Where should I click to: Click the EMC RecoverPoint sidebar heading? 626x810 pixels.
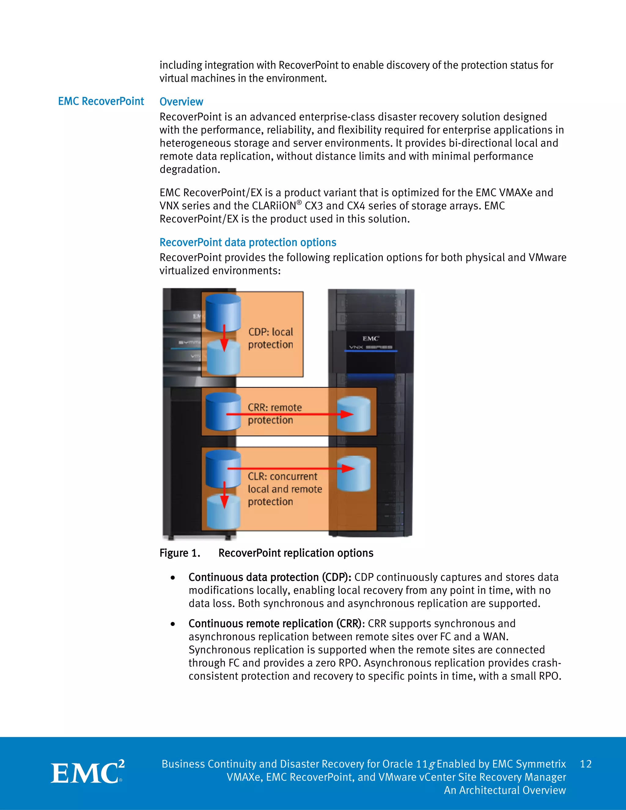[101, 101]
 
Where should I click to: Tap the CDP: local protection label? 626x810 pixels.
[271, 338]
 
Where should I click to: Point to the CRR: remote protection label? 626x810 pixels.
[274, 414]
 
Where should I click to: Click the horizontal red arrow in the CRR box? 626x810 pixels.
[289, 414]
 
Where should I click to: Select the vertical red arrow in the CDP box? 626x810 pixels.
[224, 337]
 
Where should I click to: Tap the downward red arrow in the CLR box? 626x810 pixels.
[224, 495]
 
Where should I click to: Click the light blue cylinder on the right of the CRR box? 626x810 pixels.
[353, 414]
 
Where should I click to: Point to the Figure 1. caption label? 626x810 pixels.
[180, 553]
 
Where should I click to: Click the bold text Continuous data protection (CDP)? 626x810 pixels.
[270, 577]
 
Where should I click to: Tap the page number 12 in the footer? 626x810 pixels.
[586, 764]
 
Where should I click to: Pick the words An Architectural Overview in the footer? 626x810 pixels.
[505, 790]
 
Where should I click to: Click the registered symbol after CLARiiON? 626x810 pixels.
[299, 202]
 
